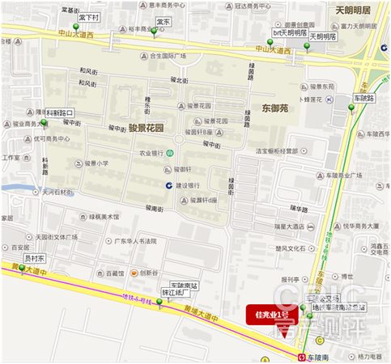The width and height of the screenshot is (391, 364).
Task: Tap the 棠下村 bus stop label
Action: click(91, 17)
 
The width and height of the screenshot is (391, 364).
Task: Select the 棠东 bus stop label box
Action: click(163, 21)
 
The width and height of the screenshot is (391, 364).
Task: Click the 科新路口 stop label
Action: click(60, 112)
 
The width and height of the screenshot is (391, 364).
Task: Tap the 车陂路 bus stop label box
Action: click(364, 97)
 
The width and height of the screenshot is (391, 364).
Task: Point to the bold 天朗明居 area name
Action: click(352, 10)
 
